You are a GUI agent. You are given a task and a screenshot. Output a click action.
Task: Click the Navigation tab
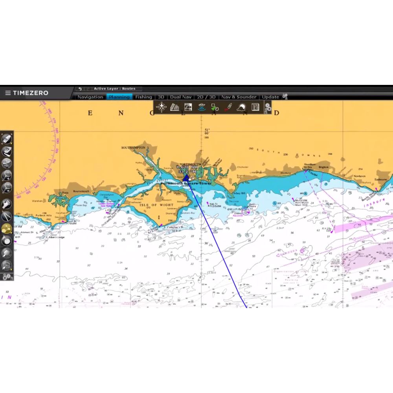90,97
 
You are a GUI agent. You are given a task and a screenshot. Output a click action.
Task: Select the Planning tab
119,97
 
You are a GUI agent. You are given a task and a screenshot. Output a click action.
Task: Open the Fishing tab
143,97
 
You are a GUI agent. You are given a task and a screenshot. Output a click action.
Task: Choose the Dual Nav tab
181,97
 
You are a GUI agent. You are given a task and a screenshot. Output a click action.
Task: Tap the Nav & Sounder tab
239,97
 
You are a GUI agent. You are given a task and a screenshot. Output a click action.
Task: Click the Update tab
270,97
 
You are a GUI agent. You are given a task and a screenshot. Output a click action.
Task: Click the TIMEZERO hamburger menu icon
7,93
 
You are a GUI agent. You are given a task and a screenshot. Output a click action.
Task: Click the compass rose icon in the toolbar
162,107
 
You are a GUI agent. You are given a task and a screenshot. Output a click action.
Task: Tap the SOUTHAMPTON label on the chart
133,148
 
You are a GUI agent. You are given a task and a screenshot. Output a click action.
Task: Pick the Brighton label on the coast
323,167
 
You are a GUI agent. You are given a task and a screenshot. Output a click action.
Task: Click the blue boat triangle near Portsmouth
186,178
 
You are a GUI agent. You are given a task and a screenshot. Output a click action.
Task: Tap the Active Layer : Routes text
114,89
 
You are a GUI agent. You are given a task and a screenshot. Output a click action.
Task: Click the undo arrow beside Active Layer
80,89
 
